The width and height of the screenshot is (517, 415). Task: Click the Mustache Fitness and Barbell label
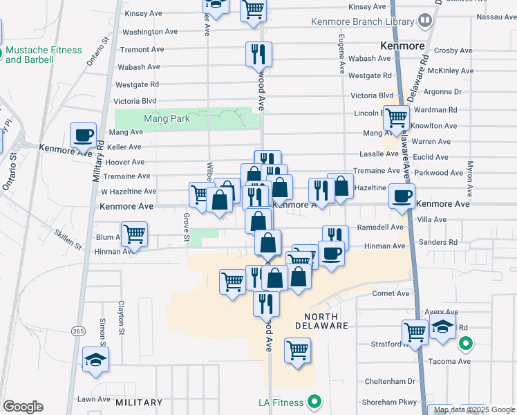(x=44, y=55)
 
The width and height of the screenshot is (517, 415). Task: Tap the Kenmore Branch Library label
(x=362, y=22)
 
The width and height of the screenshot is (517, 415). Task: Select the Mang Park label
(x=167, y=118)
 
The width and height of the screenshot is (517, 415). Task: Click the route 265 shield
(x=77, y=331)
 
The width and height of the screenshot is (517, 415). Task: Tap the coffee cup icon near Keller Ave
(x=84, y=135)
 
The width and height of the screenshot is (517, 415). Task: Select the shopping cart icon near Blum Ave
(x=134, y=234)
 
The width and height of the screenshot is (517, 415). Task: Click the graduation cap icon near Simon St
(x=95, y=360)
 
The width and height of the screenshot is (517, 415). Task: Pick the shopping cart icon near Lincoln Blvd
(x=396, y=117)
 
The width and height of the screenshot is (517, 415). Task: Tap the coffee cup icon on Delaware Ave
(x=402, y=196)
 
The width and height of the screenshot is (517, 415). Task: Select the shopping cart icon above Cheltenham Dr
(x=297, y=349)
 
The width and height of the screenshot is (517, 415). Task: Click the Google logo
(x=23, y=407)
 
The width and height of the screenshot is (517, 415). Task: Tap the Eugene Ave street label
(x=341, y=55)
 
